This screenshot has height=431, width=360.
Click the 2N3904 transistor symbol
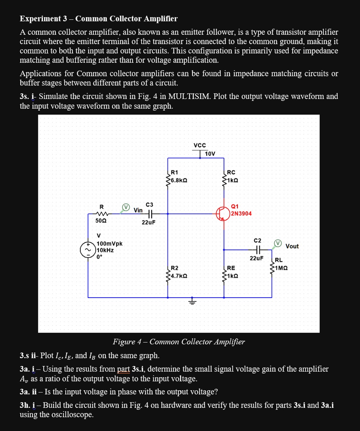[223, 213]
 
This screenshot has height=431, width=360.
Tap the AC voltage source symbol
[88, 250]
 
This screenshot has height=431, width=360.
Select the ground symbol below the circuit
[193, 302]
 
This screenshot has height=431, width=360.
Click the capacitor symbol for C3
[150, 213]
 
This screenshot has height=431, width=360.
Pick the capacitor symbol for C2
[257, 249]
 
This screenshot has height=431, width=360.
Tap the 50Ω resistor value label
[101, 221]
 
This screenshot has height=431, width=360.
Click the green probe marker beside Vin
[125, 207]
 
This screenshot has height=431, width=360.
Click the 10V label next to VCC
[210, 154]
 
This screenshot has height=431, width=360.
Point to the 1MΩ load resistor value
[281, 268]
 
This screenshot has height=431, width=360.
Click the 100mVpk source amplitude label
[109, 244]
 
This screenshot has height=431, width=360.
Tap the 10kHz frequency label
[105, 250]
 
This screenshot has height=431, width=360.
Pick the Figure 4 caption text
[179, 341]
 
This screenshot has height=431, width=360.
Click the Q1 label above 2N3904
[235, 206]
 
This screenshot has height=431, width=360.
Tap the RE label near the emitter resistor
[231, 268]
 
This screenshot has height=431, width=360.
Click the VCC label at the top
[200, 146]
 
